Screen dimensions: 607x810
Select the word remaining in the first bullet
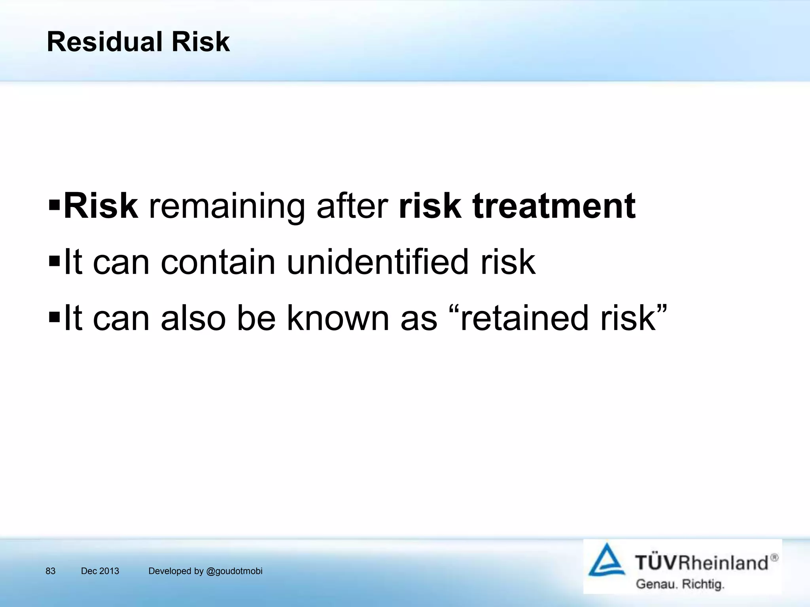pyautogui.click(x=227, y=207)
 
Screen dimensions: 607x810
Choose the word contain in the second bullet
pyautogui.click(x=218, y=262)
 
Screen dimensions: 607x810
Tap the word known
pyautogui.click(x=338, y=318)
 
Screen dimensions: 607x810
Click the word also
pyautogui.click(x=193, y=318)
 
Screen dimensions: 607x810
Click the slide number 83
pyautogui.click(x=51, y=571)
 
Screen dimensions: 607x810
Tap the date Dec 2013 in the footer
pyautogui.click(x=100, y=571)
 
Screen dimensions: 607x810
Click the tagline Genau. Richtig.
pyautogui.click(x=680, y=584)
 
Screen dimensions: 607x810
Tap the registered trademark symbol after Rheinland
pyautogui.click(x=774, y=558)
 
